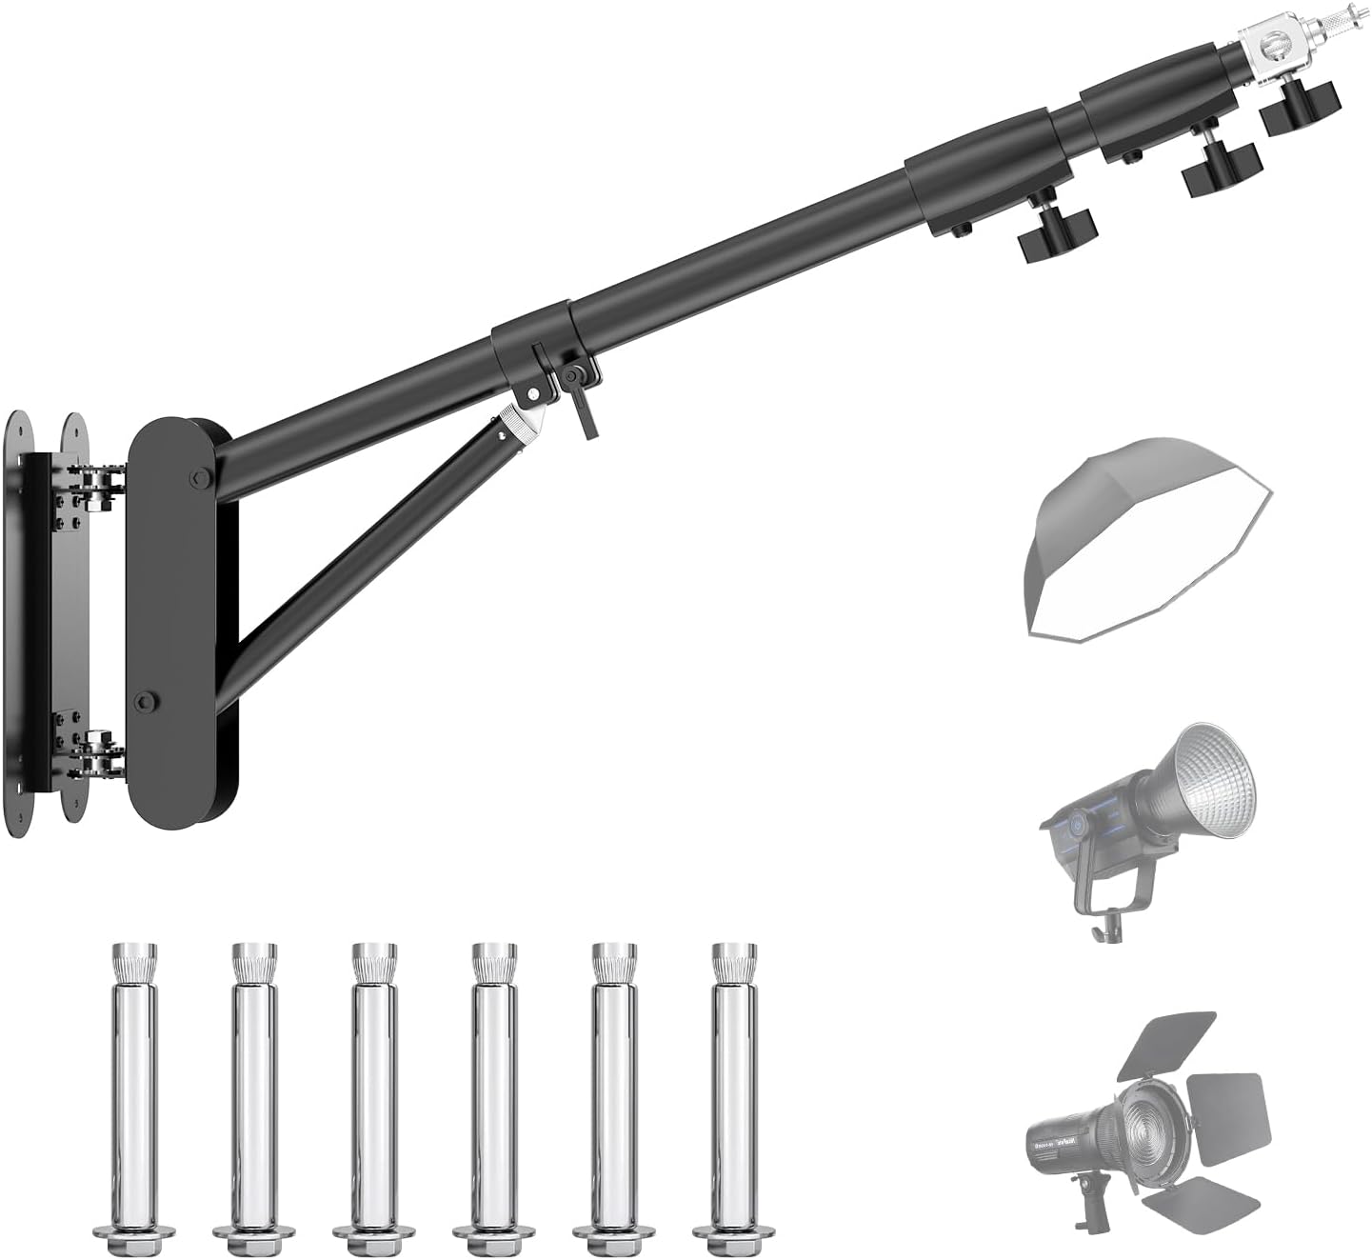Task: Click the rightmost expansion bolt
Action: (732, 1095)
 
